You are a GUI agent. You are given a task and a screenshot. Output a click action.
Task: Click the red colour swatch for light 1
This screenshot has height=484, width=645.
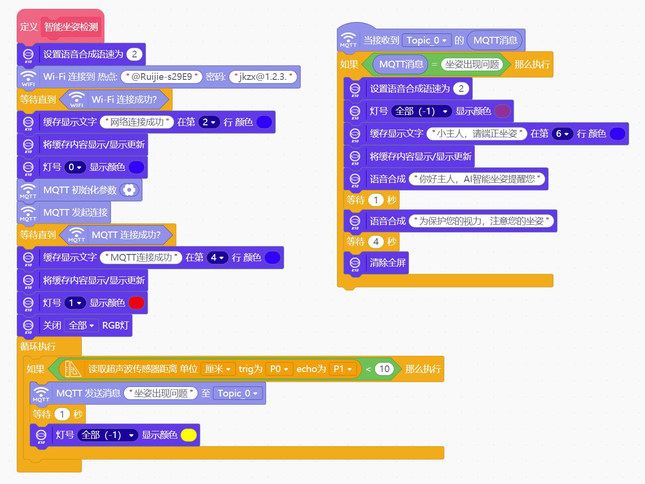click(x=136, y=303)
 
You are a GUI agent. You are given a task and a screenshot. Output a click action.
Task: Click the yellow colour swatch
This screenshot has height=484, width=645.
click(x=189, y=435)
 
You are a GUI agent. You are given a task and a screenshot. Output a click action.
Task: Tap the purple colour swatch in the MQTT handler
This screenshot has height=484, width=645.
click(x=502, y=111)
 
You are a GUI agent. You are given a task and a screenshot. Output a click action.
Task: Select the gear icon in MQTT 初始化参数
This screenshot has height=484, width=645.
click(x=129, y=190)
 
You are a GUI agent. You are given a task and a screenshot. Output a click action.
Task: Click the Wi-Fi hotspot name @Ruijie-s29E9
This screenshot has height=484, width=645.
click(x=162, y=77)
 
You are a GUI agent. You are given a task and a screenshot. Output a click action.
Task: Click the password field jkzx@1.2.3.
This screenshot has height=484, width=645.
click(x=263, y=77)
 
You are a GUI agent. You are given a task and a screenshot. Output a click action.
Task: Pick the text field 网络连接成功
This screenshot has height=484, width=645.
click(x=137, y=122)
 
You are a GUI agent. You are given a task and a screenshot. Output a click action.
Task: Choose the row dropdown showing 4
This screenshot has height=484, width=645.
click(x=217, y=258)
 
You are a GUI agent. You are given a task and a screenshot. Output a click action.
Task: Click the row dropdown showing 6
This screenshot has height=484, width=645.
click(x=562, y=134)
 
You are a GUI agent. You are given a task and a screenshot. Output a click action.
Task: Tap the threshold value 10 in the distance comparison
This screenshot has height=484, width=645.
click(x=384, y=369)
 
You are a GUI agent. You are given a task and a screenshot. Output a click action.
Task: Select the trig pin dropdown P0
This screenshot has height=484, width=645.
click(x=279, y=369)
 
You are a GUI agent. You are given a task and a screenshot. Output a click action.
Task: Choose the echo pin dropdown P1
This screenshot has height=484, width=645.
click(x=343, y=369)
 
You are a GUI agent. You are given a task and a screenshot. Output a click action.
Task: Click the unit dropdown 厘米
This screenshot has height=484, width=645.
click(x=218, y=369)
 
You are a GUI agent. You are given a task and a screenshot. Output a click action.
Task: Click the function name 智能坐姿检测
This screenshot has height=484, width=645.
click(x=71, y=27)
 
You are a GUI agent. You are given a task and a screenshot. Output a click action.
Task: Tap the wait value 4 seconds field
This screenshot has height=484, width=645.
click(x=376, y=242)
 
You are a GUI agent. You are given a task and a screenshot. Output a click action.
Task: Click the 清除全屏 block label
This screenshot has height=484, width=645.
click(x=388, y=263)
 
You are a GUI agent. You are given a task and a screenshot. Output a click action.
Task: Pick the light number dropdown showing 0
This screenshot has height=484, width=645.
click(x=75, y=167)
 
